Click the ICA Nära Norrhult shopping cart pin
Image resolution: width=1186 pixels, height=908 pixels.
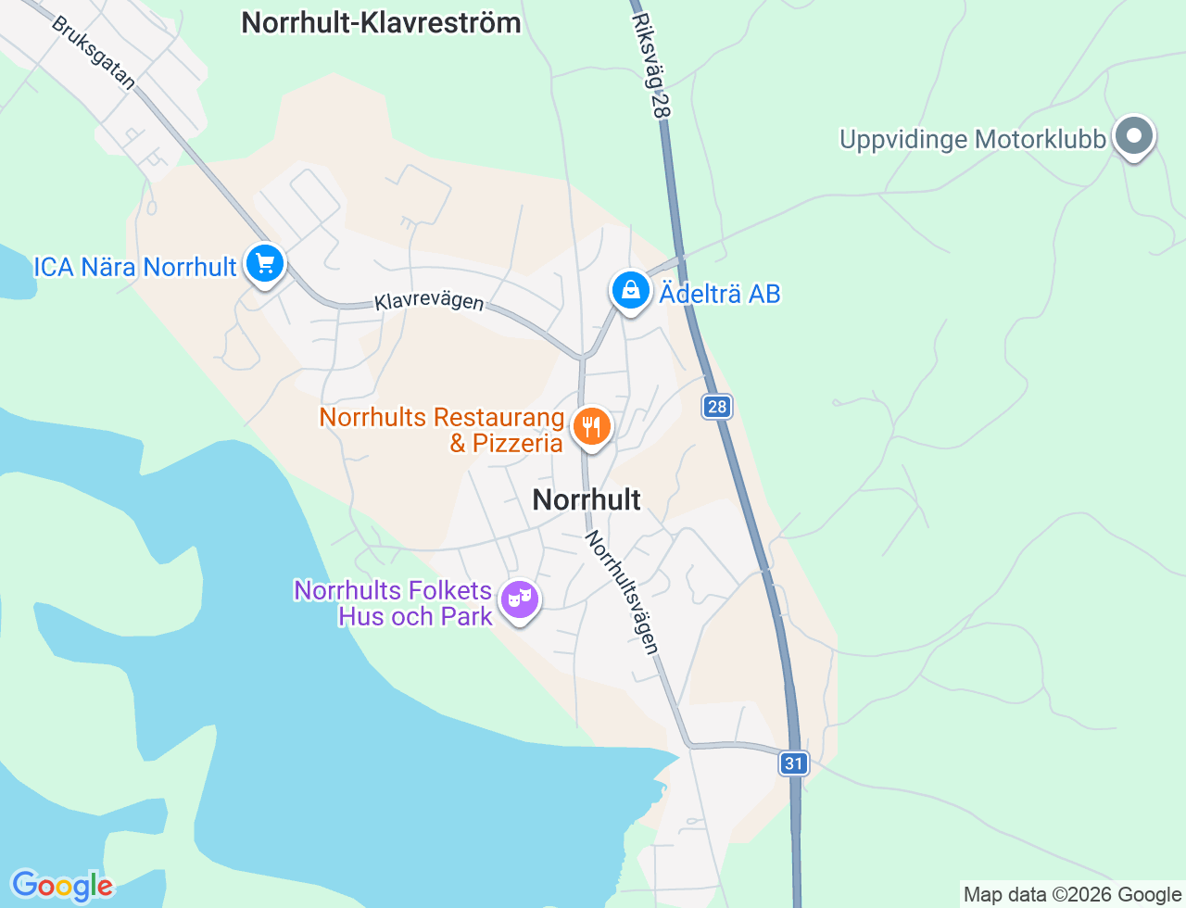tap(265, 265)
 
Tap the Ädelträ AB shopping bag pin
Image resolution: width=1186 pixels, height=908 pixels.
tap(630, 291)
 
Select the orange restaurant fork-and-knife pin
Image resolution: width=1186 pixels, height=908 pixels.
tap(591, 428)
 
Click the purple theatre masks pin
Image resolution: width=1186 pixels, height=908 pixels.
tap(519, 600)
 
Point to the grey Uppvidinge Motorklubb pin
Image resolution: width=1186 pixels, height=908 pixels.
tap(1133, 137)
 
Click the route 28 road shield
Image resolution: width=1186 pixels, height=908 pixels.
tap(717, 407)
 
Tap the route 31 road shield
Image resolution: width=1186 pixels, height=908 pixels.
tap(793, 763)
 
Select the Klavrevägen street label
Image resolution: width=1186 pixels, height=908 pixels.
tap(429, 302)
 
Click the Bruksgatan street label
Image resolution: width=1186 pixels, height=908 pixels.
tap(94, 54)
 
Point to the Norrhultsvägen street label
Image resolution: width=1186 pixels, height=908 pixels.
tap(622, 592)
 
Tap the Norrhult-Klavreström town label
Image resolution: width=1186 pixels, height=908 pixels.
tap(381, 22)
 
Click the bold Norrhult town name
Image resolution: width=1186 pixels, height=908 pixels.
tap(587, 500)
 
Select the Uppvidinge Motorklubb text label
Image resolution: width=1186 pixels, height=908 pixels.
tap(973, 140)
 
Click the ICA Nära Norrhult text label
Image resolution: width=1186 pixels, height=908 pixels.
tap(135, 268)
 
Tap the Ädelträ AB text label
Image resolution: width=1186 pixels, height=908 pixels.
tap(720, 295)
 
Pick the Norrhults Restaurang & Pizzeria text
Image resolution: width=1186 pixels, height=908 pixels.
tap(442, 431)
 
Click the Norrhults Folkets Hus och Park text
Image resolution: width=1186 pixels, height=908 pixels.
tap(394, 603)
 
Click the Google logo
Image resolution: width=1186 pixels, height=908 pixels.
tap(61, 886)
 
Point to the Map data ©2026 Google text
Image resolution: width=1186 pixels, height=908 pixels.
tap(1072, 894)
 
